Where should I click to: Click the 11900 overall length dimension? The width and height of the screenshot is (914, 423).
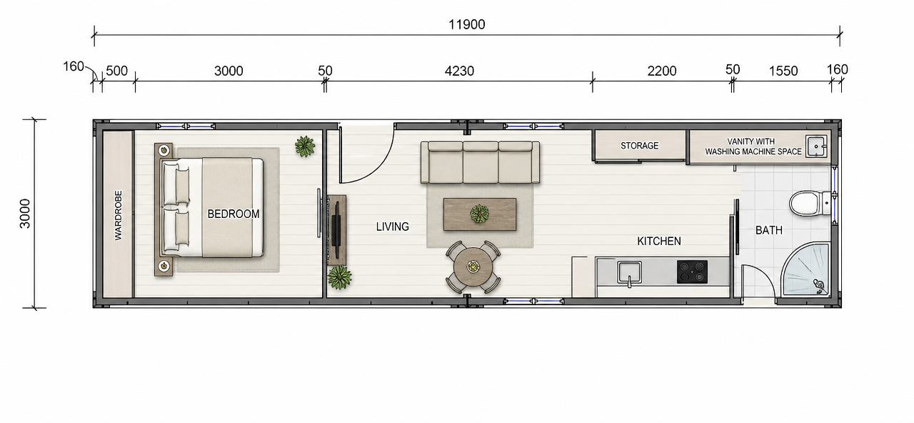click(467, 24)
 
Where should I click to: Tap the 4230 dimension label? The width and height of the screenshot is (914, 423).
click(459, 71)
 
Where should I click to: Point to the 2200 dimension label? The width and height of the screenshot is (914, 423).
click(662, 71)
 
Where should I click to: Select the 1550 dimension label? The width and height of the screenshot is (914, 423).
click(783, 71)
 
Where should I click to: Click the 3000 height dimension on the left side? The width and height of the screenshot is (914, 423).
click(25, 214)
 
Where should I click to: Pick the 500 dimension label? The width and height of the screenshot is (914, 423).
click(116, 71)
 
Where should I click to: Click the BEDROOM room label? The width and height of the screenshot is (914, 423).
click(233, 214)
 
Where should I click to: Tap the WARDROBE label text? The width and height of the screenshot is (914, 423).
click(119, 215)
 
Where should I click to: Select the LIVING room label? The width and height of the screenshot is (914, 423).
click(393, 227)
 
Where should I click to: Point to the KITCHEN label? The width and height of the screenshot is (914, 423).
click(659, 242)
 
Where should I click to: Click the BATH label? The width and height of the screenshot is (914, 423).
click(769, 230)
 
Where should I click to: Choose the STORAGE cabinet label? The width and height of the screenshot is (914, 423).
click(639, 146)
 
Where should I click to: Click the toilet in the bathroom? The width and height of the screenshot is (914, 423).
click(810, 204)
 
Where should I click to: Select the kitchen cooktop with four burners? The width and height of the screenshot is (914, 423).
click(692, 272)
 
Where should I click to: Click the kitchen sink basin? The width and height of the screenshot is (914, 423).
click(629, 272)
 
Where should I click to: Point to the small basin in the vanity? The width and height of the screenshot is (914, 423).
click(816, 146)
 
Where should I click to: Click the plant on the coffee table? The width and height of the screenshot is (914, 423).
click(479, 214)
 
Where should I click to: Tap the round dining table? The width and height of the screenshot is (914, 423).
click(473, 267)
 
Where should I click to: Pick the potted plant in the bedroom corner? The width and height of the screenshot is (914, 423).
click(305, 146)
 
